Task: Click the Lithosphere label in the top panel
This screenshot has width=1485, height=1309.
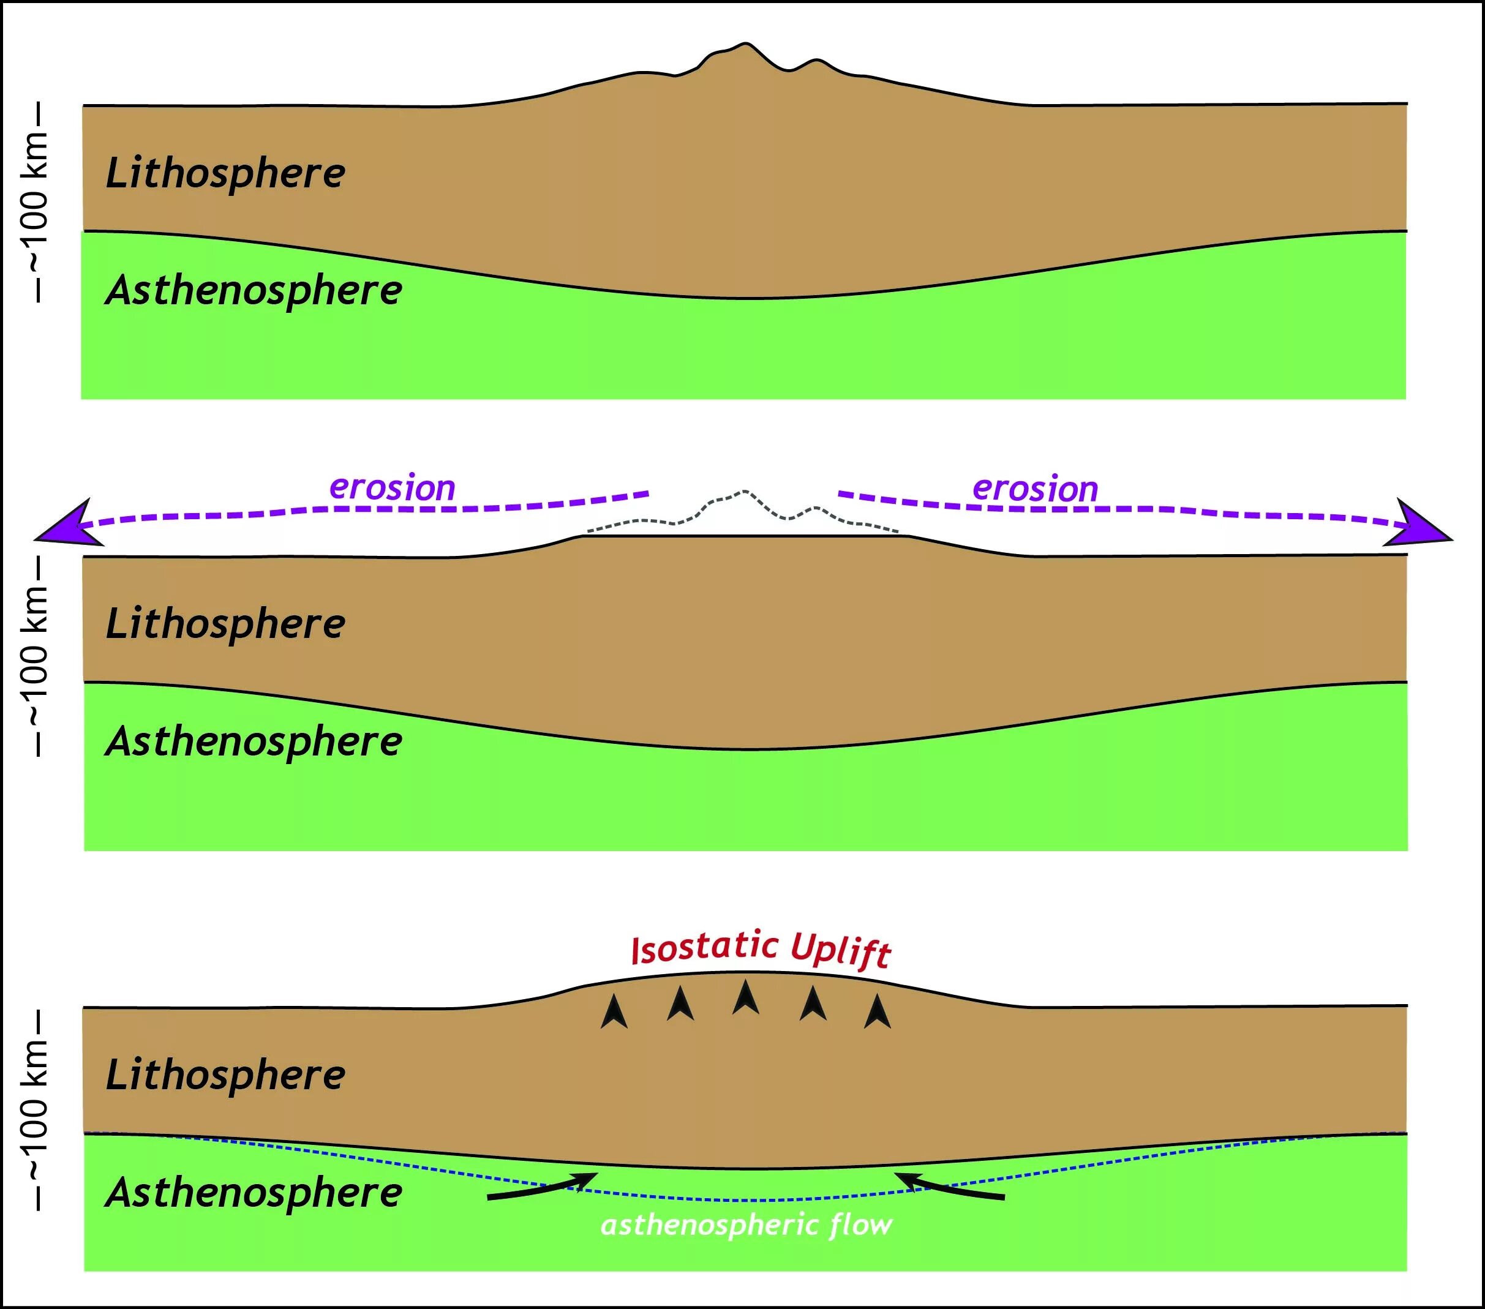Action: (x=225, y=174)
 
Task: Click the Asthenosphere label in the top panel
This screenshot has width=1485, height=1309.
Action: (x=254, y=291)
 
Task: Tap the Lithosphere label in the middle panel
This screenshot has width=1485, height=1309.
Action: (x=225, y=624)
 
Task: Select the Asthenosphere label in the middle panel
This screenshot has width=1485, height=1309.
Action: (x=254, y=741)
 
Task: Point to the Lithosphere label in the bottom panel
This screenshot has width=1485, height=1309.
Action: (x=225, y=1075)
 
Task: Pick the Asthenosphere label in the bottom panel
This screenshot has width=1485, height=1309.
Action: (x=254, y=1193)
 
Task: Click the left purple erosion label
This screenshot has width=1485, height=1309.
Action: (x=393, y=487)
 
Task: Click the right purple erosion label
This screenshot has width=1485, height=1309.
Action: (x=1036, y=489)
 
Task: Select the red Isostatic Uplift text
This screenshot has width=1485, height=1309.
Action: (x=761, y=950)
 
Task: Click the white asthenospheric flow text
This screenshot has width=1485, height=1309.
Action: (x=746, y=1226)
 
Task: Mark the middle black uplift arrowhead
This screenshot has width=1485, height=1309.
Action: (x=745, y=997)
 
